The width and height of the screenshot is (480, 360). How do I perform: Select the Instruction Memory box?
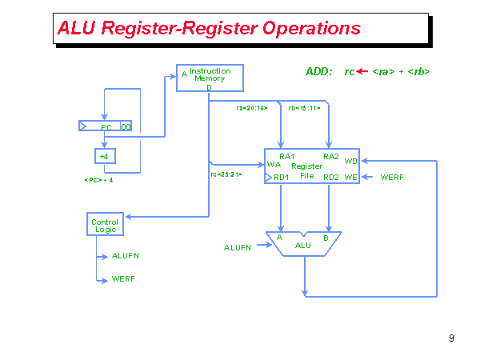(209, 78)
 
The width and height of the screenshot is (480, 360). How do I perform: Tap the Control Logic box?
(105, 226)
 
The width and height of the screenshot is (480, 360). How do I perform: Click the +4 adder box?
(104, 156)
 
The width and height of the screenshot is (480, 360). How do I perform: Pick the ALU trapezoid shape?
(303, 244)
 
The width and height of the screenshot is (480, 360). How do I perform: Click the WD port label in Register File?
(350, 162)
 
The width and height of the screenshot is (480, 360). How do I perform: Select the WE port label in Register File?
(350, 177)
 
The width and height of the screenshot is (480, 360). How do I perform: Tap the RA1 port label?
(287, 156)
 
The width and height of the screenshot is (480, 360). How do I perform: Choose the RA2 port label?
(331, 156)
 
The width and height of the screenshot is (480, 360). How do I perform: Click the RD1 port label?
(282, 177)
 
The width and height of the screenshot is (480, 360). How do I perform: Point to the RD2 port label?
(331, 177)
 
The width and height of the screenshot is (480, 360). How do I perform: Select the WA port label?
(274, 165)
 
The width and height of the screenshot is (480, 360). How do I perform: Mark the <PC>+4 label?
(98, 181)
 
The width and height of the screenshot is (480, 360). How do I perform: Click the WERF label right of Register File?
(392, 177)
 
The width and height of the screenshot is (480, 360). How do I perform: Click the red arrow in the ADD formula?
(362, 72)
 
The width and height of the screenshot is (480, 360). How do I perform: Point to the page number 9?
(451, 338)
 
